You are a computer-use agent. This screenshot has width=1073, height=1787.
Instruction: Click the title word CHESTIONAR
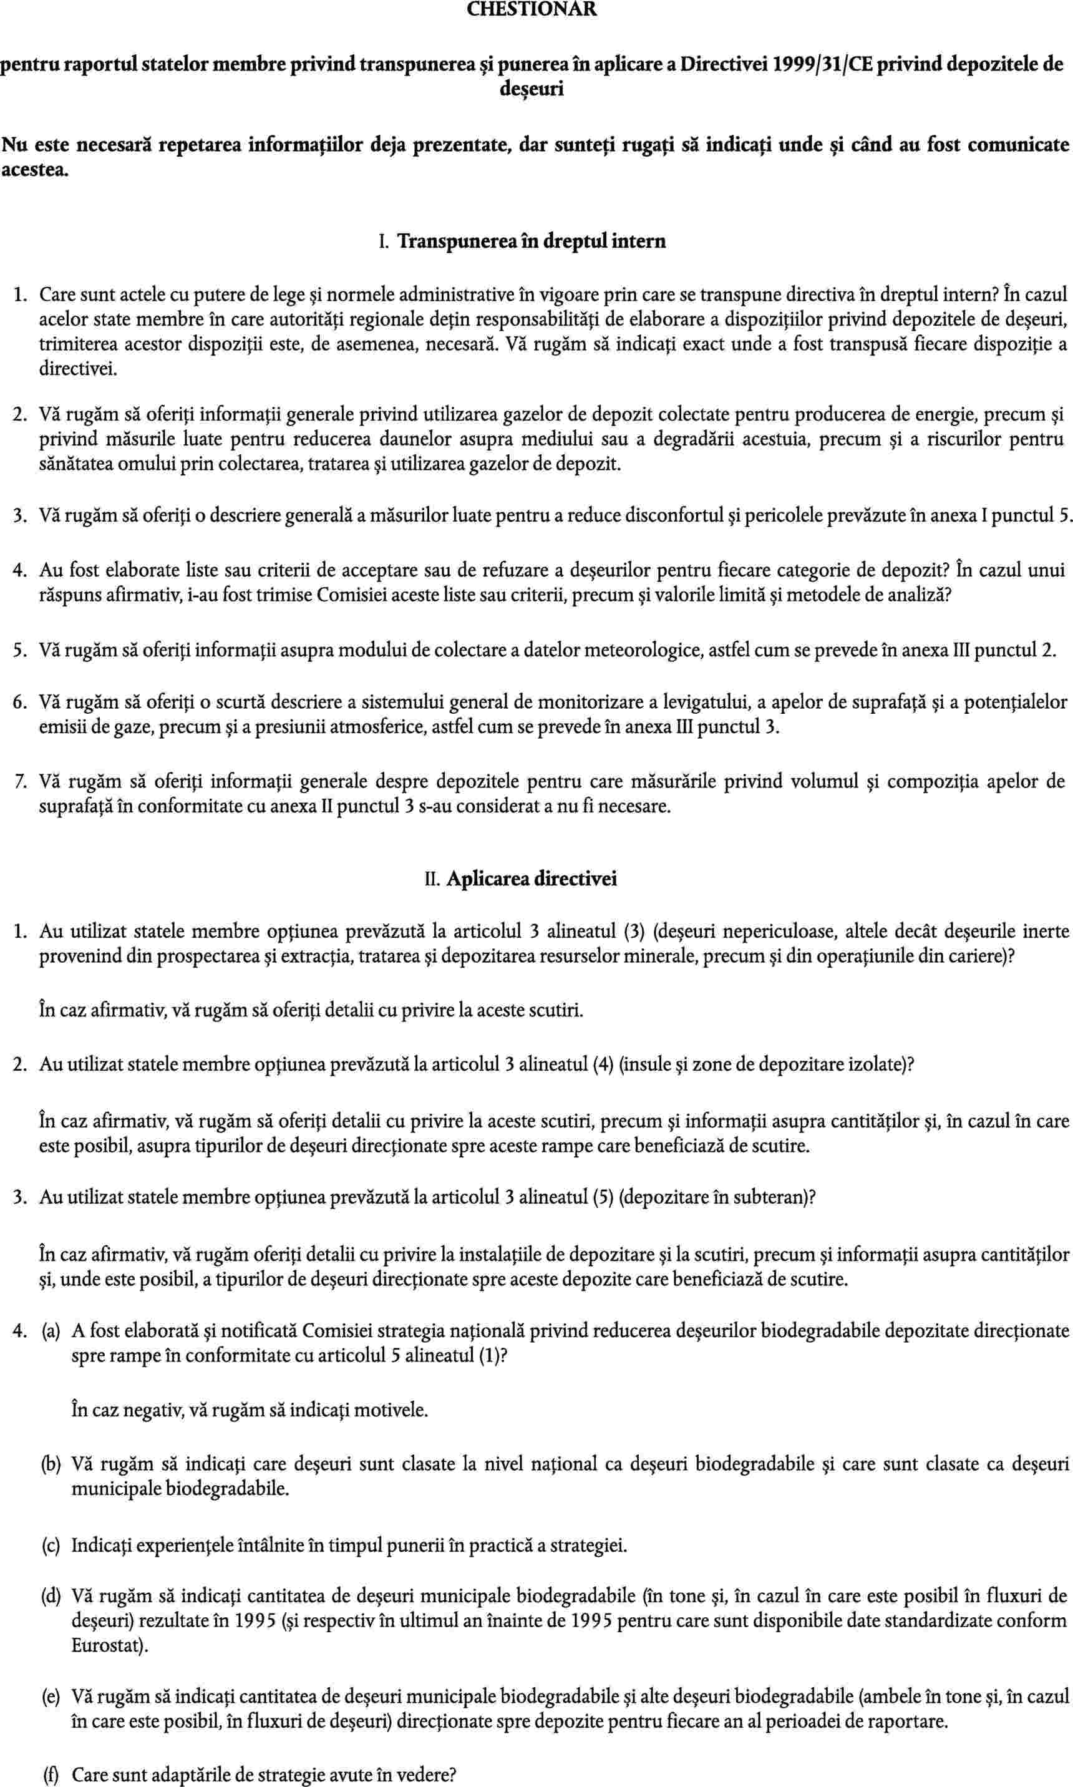click(532, 9)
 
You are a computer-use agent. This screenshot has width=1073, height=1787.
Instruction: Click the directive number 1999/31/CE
click(815, 65)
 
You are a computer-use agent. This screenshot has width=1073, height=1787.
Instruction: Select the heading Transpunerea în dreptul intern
click(532, 241)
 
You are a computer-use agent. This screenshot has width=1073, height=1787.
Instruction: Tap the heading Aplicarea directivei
click(532, 879)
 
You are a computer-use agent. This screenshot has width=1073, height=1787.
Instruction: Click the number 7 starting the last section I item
click(19, 782)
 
